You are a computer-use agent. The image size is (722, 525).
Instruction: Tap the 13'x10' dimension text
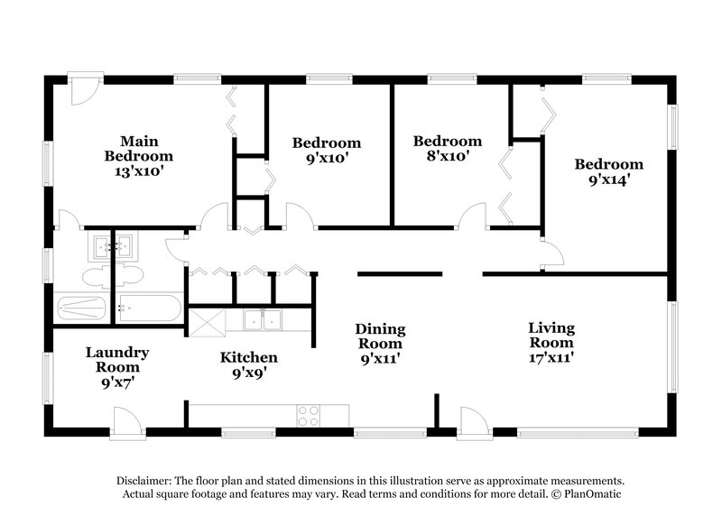point(139,170)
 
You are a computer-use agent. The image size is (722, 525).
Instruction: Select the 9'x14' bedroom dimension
point(609,180)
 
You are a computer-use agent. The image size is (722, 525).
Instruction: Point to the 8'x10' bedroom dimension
point(447,156)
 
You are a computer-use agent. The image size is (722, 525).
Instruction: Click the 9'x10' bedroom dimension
point(326,158)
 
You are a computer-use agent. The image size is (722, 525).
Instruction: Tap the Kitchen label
point(248,357)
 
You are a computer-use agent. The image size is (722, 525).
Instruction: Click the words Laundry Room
point(117,359)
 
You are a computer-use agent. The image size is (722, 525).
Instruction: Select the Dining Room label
point(379,336)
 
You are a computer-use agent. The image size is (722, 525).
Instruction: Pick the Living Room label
point(551,336)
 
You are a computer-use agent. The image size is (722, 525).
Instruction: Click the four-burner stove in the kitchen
point(309,415)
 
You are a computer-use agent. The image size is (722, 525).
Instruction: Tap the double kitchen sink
point(264,319)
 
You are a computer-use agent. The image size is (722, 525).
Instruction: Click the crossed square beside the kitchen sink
point(204,320)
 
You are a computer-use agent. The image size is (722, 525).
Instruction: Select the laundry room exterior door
point(125,420)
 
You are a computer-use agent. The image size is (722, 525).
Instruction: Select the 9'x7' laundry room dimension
point(117,382)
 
